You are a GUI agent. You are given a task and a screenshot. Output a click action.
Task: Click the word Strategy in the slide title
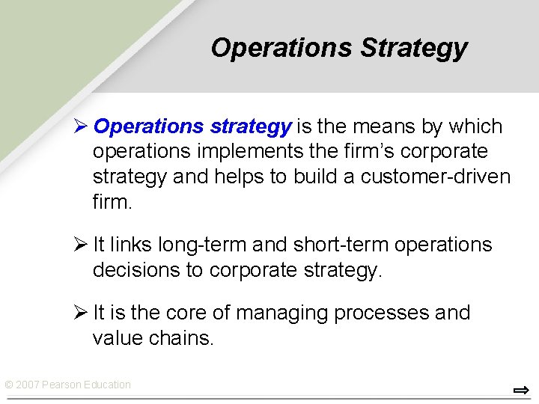413,48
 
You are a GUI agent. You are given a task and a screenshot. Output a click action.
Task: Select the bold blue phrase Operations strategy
192,126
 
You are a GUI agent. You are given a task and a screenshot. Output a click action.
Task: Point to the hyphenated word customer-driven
436,177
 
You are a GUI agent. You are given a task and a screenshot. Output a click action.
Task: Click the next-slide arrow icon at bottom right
521,390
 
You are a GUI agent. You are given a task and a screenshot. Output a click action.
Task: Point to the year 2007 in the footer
27,385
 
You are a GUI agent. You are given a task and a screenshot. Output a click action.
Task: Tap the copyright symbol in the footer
8,385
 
